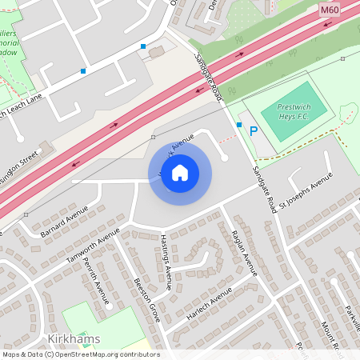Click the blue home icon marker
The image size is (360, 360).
pyautogui.click(x=180, y=173)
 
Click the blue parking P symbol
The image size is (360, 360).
pyautogui.click(x=254, y=130)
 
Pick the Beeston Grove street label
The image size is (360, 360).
pyautogui.click(x=147, y=301)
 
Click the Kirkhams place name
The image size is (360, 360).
pyautogui.click(x=74, y=339)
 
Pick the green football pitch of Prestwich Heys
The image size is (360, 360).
pyautogui.click(x=286, y=113)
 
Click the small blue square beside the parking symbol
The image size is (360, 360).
pyautogui.click(x=238, y=125)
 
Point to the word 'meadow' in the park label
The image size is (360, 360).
pyautogui.click(x=12, y=52)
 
